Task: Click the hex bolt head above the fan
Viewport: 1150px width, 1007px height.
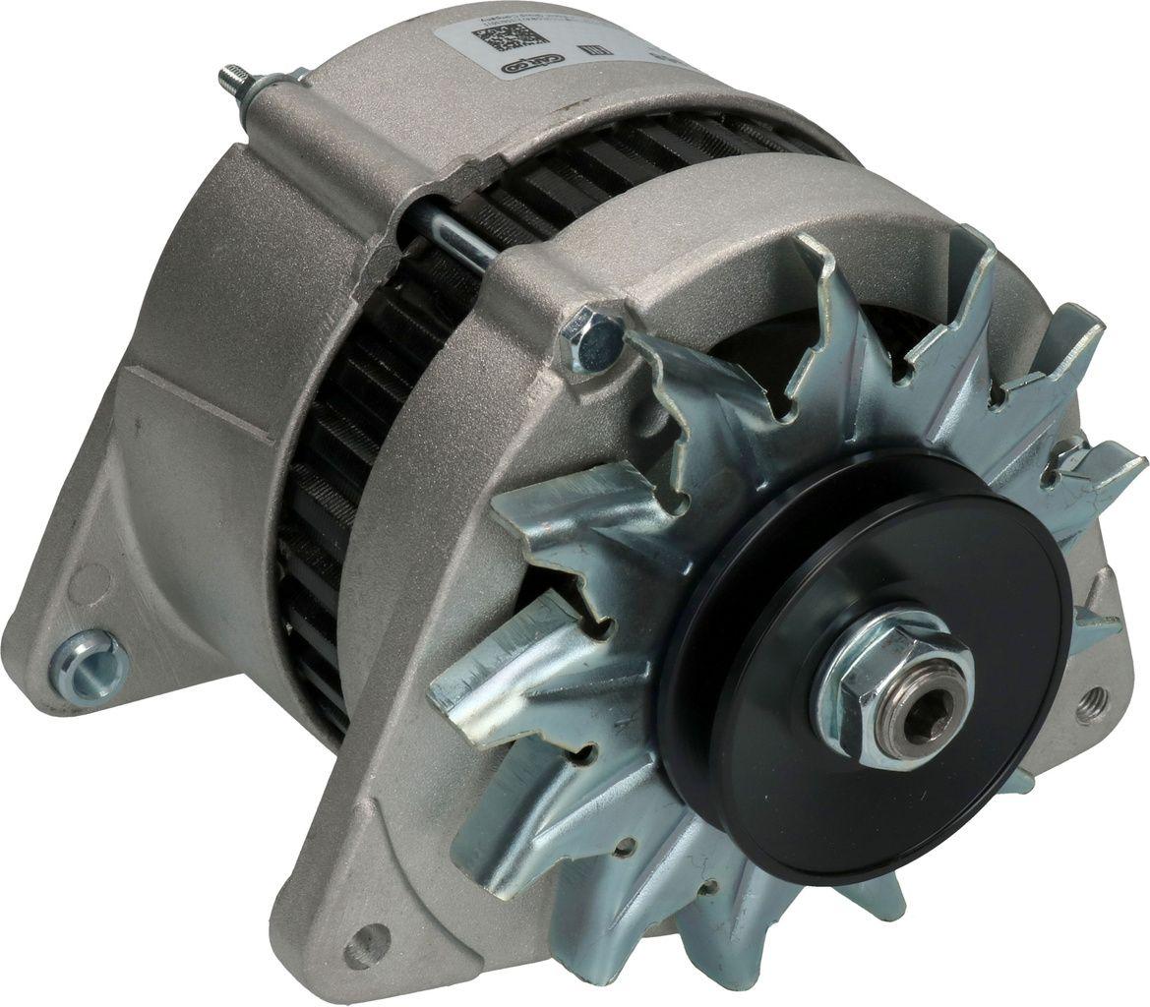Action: point(588,338)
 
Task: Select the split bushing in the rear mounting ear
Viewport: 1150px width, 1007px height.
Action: point(88,666)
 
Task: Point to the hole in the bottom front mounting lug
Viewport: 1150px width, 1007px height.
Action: point(367,945)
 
